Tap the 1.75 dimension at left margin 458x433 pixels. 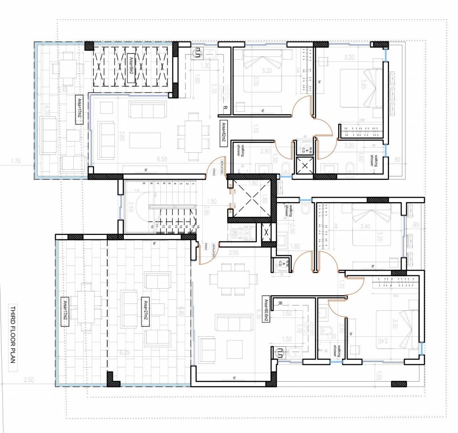click(x=16, y=162)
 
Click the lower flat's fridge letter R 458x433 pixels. click(x=279, y=304)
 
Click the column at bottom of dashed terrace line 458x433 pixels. click(x=113, y=378)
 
